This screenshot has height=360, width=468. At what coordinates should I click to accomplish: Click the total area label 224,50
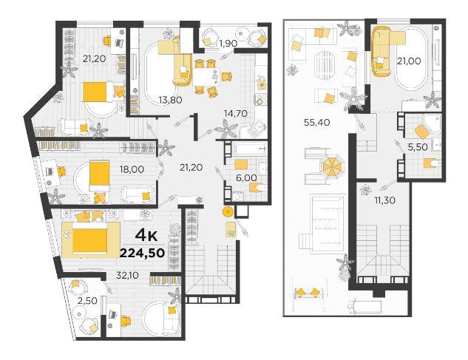pos(143,253)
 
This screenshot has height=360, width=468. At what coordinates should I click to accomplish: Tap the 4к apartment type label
pos(146,236)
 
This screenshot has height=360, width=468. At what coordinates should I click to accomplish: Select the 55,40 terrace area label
pos(316,122)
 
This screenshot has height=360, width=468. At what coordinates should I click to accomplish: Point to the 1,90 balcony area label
pos(228,44)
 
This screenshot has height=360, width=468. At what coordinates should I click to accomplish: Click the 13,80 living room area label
pos(171,100)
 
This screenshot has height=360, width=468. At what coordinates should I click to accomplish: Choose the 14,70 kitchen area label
pos(236,113)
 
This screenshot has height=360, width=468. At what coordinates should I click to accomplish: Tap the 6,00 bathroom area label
pos(246,178)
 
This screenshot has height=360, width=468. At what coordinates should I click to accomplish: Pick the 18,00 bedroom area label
pos(132,169)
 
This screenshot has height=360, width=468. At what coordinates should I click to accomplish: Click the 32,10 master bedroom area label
pos(127,275)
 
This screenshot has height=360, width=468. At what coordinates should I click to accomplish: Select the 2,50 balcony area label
pos(87,301)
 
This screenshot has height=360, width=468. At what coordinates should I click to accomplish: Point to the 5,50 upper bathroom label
pos(418,147)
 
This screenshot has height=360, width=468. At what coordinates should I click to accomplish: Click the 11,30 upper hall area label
pos(384,200)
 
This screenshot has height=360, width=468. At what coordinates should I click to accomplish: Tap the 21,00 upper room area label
pos(409,61)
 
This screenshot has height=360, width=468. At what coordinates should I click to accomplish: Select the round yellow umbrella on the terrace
pos(331,166)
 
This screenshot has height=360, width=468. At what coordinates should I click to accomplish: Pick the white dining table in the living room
pos(206,76)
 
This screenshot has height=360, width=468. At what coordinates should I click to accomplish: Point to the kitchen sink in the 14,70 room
pos(257,128)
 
